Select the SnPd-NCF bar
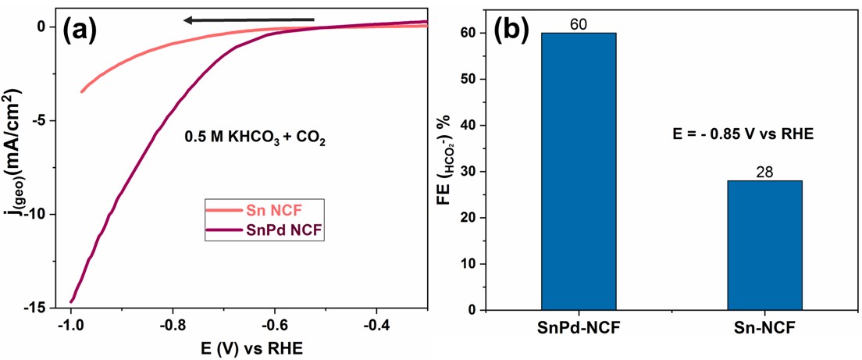(579, 171)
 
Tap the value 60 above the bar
(579, 23)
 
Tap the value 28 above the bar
(764, 172)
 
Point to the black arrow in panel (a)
(247, 20)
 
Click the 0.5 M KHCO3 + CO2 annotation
(255, 140)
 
